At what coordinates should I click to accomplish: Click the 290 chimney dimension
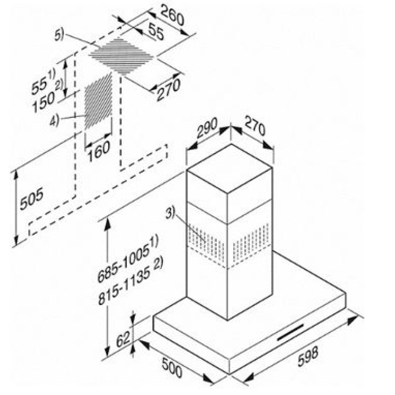207,130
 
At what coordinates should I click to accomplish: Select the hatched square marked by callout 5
121,54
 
